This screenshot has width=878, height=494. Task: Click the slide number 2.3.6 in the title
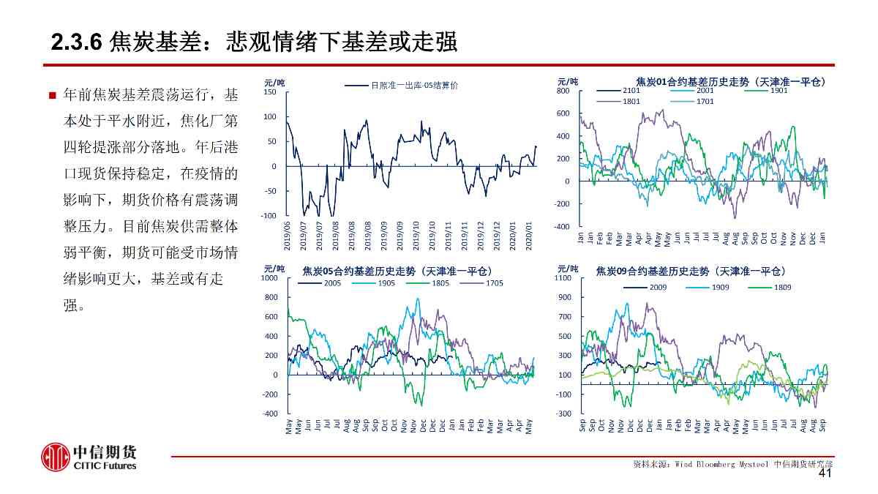[75, 43]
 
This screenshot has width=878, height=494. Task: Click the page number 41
[825, 474]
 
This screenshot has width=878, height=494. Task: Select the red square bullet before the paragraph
[52, 96]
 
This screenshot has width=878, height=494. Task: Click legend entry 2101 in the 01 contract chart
[631, 90]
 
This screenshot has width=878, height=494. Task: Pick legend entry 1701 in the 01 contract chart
[705, 101]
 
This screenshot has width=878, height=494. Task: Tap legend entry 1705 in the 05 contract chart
[494, 282]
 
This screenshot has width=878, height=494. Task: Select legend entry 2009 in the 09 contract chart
[656, 287]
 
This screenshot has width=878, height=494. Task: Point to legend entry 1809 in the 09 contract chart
[782, 287]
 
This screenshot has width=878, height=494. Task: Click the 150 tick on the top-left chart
[270, 92]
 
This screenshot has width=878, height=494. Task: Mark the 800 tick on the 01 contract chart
[563, 91]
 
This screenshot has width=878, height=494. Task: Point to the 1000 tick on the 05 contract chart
[270, 278]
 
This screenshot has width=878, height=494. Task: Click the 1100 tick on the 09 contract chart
[563, 278]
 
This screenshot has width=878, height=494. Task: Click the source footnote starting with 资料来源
[732, 464]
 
